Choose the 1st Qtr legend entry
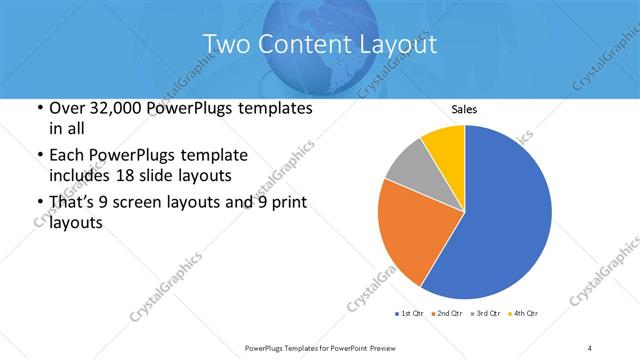pos(409,315)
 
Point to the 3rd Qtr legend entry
pos(485,315)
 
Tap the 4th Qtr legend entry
pos(524,315)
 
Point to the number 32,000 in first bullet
pos(112,108)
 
